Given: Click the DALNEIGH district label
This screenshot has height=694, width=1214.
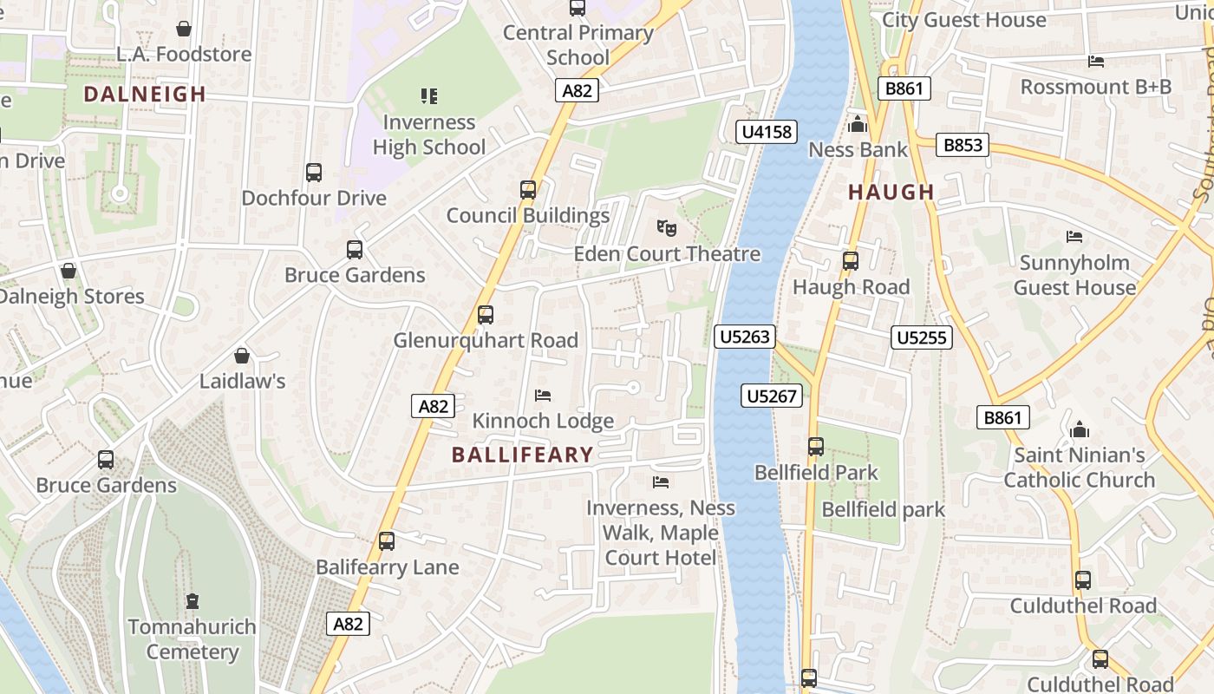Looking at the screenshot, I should tap(145, 94).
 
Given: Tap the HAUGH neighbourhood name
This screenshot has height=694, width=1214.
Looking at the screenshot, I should tap(891, 192).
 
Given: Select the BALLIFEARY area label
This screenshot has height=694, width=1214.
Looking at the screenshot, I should tap(522, 454).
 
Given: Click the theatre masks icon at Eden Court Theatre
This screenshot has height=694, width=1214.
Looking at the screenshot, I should tap(666, 228).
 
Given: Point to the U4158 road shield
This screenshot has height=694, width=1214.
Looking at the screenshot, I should tap(766, 132).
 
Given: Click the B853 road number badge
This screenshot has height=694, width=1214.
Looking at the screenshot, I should tap(963, 145).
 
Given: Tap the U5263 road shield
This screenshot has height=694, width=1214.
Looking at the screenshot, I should tap(745, 337).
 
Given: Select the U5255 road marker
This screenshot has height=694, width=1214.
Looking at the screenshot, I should tap(922, 337).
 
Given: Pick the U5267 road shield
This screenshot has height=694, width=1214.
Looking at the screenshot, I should tap(772, 396).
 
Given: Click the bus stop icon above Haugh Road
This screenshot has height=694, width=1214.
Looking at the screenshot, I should tap(851, 260).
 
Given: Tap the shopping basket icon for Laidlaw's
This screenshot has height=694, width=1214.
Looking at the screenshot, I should tap(242, 356).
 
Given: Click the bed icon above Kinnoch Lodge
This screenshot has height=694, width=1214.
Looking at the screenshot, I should tap(543, 396).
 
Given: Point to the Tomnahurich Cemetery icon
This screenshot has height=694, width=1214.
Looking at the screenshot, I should tap(193, 600).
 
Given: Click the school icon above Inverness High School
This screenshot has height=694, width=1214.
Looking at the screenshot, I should tap(429, 95).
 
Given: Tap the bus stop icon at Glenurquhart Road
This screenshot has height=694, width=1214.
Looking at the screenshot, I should tap(486, 314).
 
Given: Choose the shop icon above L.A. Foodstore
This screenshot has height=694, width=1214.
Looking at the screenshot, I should tap(184, 29).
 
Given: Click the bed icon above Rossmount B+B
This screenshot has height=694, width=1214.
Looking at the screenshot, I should tap(1096, 61).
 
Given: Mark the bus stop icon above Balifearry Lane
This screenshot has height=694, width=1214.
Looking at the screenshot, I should tap(387, 540).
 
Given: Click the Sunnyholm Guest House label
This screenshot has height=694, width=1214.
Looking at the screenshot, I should tap(1074, 275).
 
